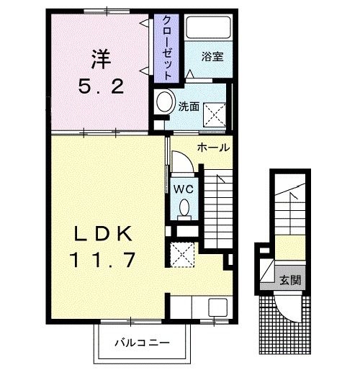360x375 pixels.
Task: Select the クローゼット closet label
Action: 165,47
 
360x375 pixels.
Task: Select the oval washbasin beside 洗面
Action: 165,102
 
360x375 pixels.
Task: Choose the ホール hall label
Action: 214,148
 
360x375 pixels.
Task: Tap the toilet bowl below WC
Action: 184,208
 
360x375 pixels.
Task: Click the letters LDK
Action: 103,234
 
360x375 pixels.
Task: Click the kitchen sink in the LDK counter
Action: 218,307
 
